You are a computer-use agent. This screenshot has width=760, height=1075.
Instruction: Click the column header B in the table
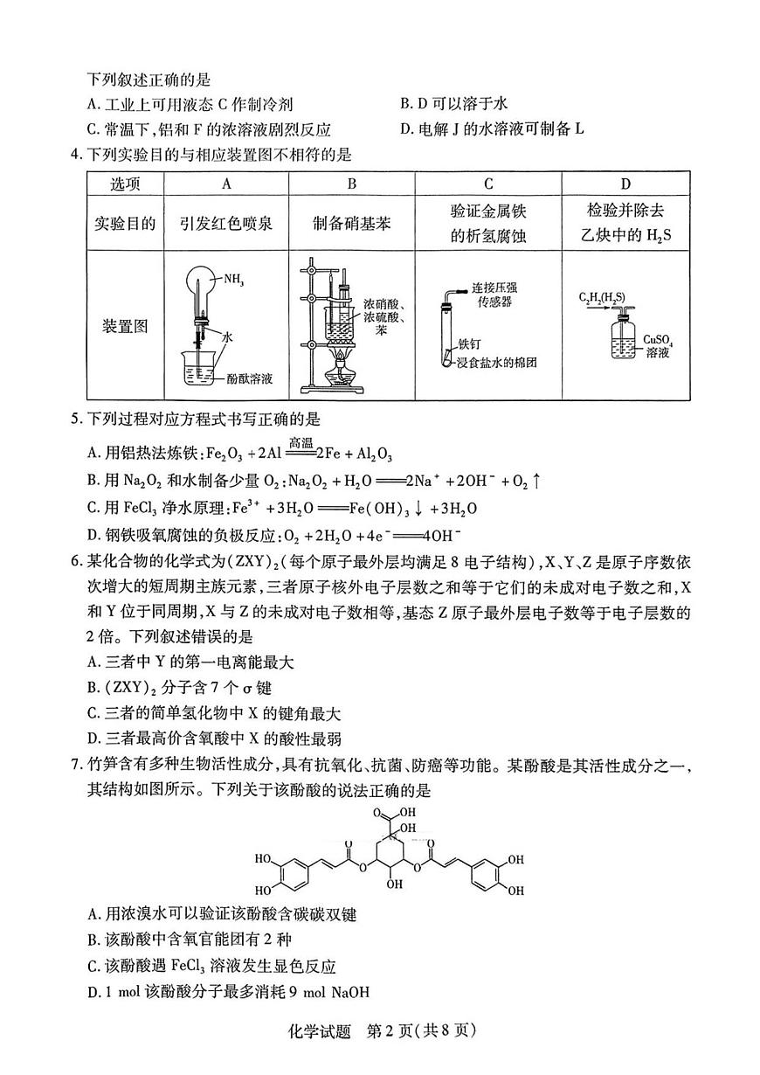[x=351, y=184]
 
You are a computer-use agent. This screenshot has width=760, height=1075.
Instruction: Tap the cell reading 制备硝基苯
[x=351, y=223]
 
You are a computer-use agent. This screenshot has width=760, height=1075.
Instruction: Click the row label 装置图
[x=125, y=326]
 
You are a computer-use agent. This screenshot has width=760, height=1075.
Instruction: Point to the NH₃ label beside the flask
[x=233, y=281]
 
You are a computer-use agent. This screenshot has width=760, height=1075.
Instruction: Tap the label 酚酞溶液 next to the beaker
[x=250, y=378]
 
